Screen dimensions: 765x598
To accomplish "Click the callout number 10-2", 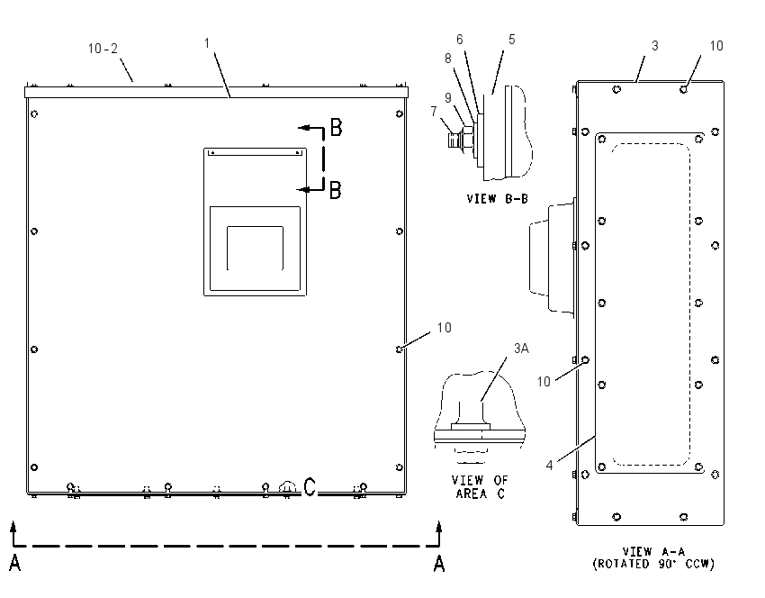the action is click(x=103, y=49).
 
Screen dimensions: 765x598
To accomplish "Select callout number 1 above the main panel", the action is click(x=207, y=43).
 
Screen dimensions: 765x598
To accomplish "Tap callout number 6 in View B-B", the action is click(x=460, y=40).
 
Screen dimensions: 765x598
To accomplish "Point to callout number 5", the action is click(x=512, y=40).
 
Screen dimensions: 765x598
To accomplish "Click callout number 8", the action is click(x=448, y=59).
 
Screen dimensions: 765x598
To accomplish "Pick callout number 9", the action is click(x=448, y=98).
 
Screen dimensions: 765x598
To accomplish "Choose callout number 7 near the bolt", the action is click(x=434, y=112).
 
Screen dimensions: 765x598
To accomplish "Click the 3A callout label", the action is click(x=521, y=348).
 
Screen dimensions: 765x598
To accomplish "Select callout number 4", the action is click(x=549, y=466).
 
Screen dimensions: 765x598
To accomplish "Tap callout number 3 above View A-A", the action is click(x=655, y=45).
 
